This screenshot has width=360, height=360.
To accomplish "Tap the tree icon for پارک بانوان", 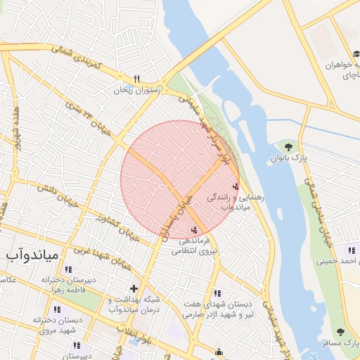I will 288,146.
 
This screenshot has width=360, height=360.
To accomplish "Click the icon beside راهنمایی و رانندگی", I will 235,186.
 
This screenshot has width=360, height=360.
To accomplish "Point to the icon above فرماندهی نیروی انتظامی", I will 193,230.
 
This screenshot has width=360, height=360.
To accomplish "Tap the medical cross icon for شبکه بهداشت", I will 134,288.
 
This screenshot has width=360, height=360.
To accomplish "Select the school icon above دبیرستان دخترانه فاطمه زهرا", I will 67,269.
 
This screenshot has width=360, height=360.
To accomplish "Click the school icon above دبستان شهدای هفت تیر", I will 217,292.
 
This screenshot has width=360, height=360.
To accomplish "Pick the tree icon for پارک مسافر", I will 340,331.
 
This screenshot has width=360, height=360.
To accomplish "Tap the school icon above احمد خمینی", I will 350,250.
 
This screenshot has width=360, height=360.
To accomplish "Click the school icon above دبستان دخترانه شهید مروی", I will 56,309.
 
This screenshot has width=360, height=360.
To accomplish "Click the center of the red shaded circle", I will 180,180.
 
